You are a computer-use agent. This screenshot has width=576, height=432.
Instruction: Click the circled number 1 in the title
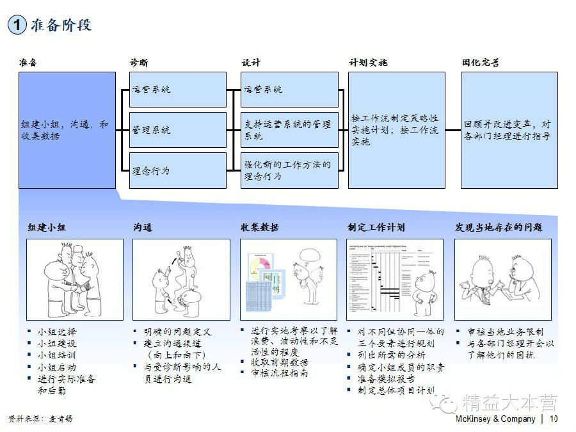point(17,25)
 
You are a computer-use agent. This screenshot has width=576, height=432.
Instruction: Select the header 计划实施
point(368,63)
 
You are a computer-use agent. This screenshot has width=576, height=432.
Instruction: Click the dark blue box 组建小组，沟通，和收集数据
point(67,130)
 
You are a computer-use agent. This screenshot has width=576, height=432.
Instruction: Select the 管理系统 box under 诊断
point(178,130)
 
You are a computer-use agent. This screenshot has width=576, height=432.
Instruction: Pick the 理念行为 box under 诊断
point(178,170)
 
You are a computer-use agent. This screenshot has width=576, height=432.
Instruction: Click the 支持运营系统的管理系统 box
point(290,130)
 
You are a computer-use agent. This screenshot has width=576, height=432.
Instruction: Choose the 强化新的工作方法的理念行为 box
point(290,170)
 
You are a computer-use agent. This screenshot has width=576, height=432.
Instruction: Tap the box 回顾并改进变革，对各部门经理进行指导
point(509,130)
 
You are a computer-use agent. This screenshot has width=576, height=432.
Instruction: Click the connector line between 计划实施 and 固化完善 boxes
point(453,130)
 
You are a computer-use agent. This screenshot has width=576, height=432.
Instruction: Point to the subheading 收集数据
point(260,228)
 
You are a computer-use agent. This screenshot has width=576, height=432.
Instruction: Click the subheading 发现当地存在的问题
point(499,228)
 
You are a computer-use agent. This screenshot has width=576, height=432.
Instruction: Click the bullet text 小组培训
point(57,355)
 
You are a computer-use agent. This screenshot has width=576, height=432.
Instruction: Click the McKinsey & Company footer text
point(495,419)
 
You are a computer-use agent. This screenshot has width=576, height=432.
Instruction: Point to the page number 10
point(554,419)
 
